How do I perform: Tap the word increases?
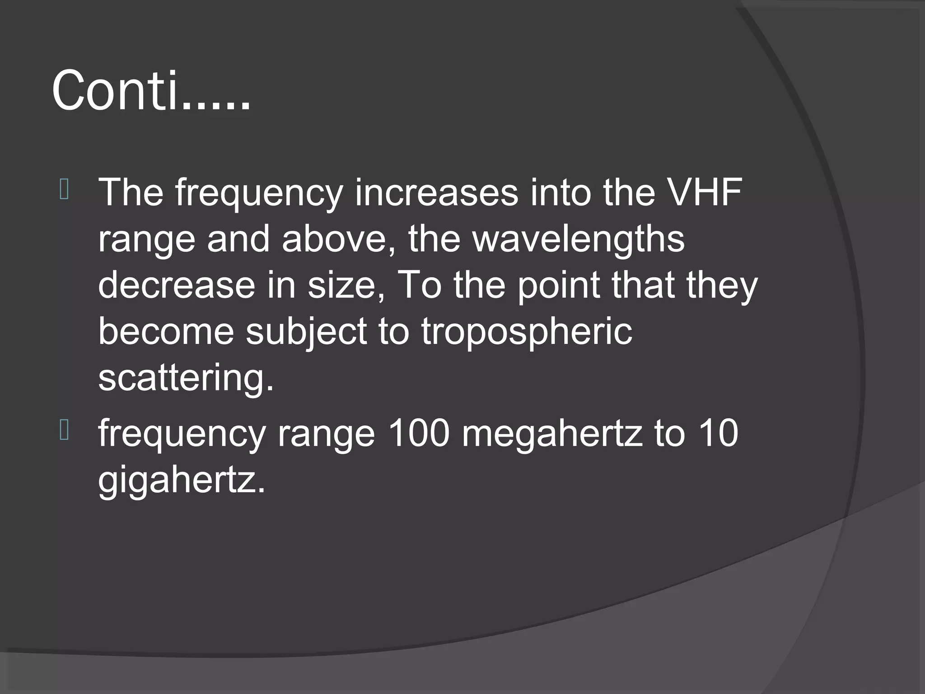click(x=436, y=192)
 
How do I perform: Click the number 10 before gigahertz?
click(x=718, y=433)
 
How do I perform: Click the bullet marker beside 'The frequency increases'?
click(x=64, y=190)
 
